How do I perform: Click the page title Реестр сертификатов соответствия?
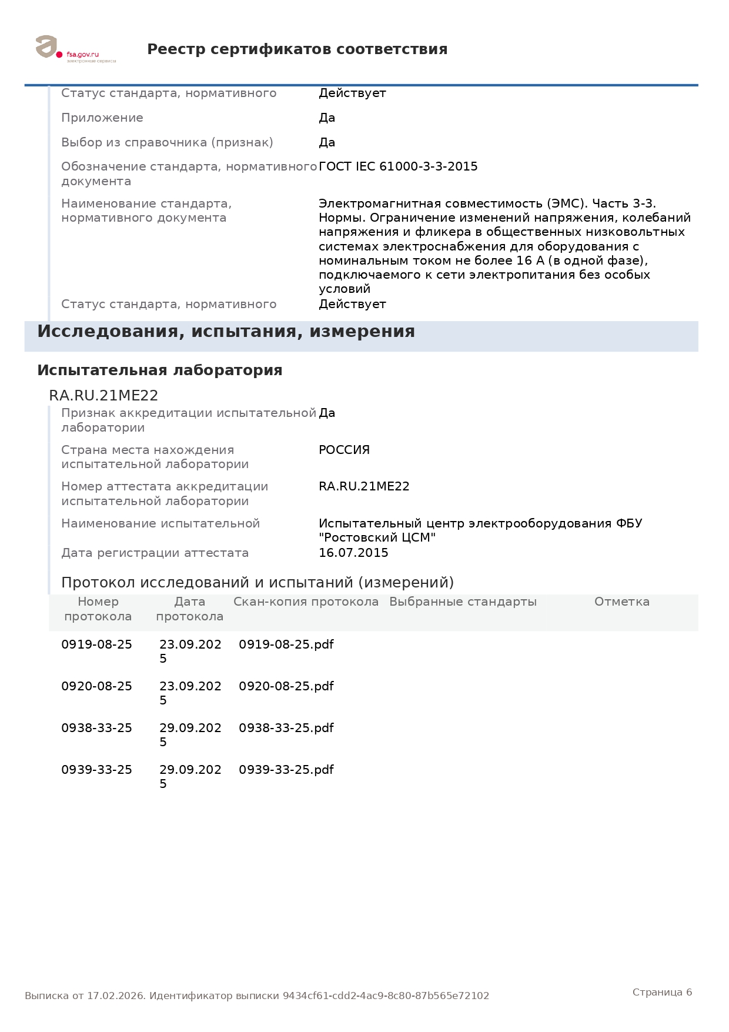click(x=297, y=49)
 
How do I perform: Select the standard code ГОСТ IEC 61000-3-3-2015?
click(x=398, y=166)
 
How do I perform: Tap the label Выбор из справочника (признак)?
click(x=167, y=142)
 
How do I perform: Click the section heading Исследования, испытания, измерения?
click(x=226, y=332)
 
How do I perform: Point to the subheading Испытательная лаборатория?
click(x=159, y=370)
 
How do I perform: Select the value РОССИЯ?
click(x=344, y=450)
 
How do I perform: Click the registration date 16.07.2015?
click(x=353, y=553)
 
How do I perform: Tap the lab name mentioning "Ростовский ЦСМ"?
click(x=480, y=530)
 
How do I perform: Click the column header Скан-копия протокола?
click(x=306, y=602)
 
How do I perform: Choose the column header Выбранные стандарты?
click(x=463, y=602)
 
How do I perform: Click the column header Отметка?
click(x=621, y=602)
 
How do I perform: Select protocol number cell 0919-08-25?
click(x=96, y=644)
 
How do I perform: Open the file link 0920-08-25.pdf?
click(x=286, y=686)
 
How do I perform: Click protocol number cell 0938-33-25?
click(x=96, y=728)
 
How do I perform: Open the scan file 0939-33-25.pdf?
click(x=286, y=770)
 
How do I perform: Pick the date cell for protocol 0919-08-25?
click(x=190, y=651)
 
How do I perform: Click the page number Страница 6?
click(x=662, y=992)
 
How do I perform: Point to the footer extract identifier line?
click(x=256, y=996)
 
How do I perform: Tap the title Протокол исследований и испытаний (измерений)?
click(x=258, y=583)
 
